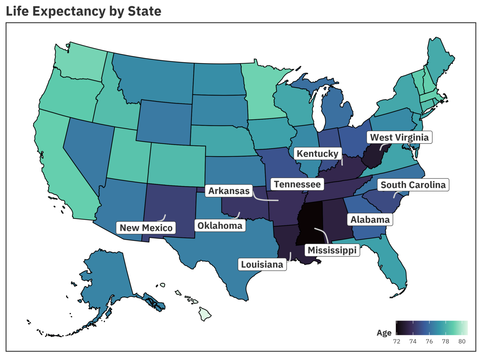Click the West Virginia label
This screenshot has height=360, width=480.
399,137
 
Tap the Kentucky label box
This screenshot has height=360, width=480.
317,154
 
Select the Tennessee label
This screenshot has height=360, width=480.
297,184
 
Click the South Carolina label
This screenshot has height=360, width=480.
413,185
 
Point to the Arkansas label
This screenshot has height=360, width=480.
229,191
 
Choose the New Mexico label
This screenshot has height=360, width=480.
146,228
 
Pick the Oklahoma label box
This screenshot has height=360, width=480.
220,226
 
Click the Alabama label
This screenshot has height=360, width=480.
370,220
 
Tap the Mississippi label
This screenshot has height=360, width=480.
332,250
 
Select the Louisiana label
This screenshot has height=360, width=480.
262,265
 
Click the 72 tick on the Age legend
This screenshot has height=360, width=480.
397,341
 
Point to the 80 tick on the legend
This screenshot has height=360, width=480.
462,341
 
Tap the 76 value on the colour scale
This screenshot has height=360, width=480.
429,341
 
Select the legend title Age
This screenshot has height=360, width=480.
384,333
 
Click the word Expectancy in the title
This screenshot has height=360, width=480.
69,12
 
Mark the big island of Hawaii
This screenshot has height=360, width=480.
205,314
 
